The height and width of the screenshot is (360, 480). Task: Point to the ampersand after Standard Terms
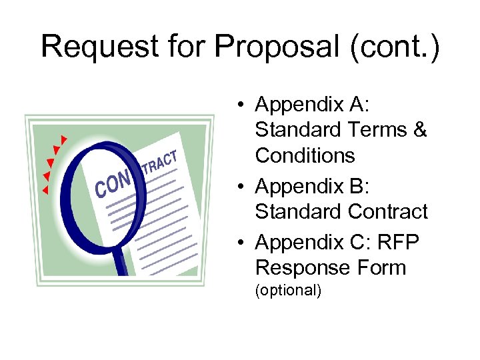(x=419, y=130)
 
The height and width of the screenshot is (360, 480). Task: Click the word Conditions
(x=305, y=155)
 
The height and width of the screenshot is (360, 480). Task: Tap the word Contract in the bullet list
(x=387, y=211)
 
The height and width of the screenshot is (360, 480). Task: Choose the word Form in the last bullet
(x=381, y=267)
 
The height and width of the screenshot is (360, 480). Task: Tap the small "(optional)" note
(x=288, y=291)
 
